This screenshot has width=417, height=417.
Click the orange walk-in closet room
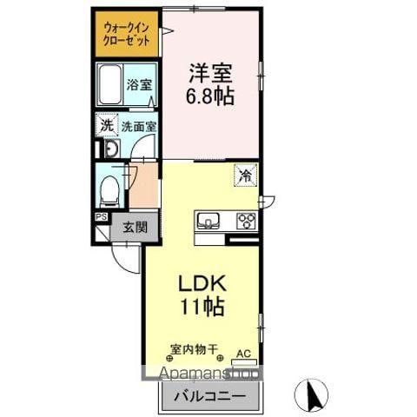[x=127, y=33]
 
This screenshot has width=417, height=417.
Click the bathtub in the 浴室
[x=110, y=86]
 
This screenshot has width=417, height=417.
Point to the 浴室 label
[x=139, y=85]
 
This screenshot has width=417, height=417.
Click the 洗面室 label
[x=138, y=126]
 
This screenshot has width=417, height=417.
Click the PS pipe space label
[x=101, y=217]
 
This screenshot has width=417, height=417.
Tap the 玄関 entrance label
[x=135, y=228]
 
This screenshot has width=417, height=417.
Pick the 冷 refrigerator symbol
[x=246, y=175]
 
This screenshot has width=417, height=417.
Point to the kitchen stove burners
[x=246, y=220]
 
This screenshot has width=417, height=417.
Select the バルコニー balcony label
[x=208, y=397]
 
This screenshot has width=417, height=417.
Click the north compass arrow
[x=312, y=395]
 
